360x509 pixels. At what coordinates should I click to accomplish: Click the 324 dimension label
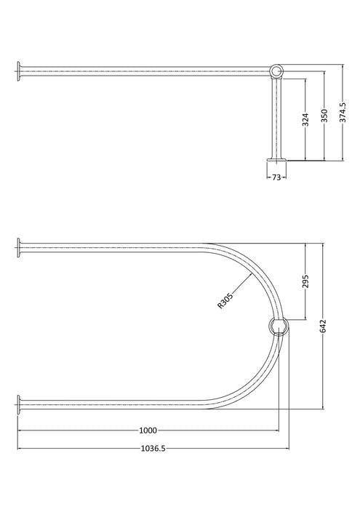point(305,119)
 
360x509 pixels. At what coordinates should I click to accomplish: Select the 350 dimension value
point(324,116)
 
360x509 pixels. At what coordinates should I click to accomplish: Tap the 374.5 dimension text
point(343,113)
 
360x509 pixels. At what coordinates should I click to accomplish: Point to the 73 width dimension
point(276,177)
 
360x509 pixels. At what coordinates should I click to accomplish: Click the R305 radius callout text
point(225,300)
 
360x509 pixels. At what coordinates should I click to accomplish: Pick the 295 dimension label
point(305,281)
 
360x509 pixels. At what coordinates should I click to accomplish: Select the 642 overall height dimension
point(323,326)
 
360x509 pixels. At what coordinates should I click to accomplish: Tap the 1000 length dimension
point(148,430)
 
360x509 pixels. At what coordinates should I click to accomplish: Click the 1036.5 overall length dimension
point(153,449)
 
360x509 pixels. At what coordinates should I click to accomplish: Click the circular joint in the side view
point(276,71)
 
